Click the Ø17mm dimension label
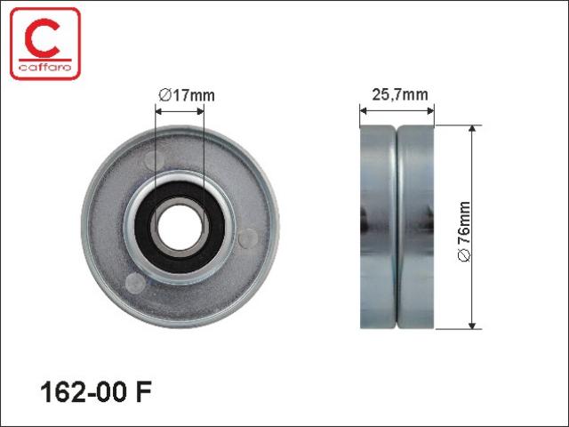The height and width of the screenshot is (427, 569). coord(187,95)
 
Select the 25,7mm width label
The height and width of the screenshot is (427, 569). coord(400,95)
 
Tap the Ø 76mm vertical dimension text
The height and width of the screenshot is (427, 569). coord(464,231)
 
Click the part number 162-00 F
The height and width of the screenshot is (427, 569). coord(96,392)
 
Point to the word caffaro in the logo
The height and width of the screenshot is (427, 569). coord(45,68)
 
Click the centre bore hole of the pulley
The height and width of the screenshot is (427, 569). coord(180,228)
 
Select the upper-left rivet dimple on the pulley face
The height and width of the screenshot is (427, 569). coord(154,160)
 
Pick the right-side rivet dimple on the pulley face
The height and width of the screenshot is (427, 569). coord(248,238)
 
